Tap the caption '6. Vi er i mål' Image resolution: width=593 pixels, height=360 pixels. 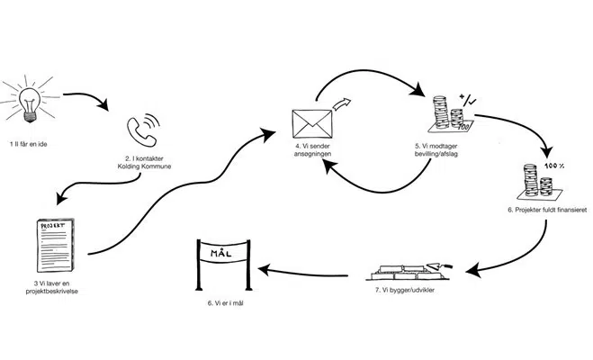221,303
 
